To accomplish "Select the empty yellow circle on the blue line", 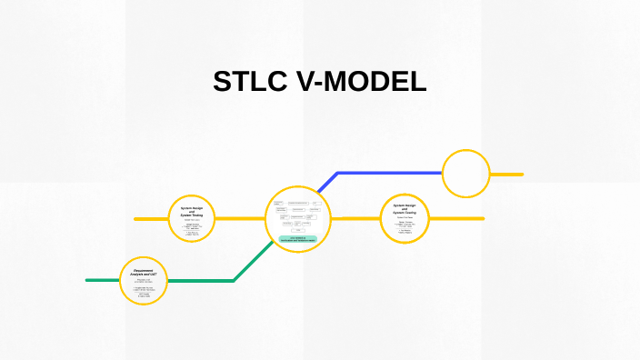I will point(465,174).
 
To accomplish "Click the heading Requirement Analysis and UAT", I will point(144,272).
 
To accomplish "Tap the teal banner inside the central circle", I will point(297,239).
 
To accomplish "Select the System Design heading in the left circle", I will point(192,210).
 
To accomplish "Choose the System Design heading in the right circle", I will point(405,208).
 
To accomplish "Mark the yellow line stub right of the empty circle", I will point(507,174).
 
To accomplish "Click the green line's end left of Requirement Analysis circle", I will point(91,280).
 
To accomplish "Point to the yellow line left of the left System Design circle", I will point(150,219).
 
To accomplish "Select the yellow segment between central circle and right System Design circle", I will point(355,218).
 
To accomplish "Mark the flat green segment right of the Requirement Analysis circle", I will point(200,281).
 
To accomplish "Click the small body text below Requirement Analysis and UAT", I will point(144,289).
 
